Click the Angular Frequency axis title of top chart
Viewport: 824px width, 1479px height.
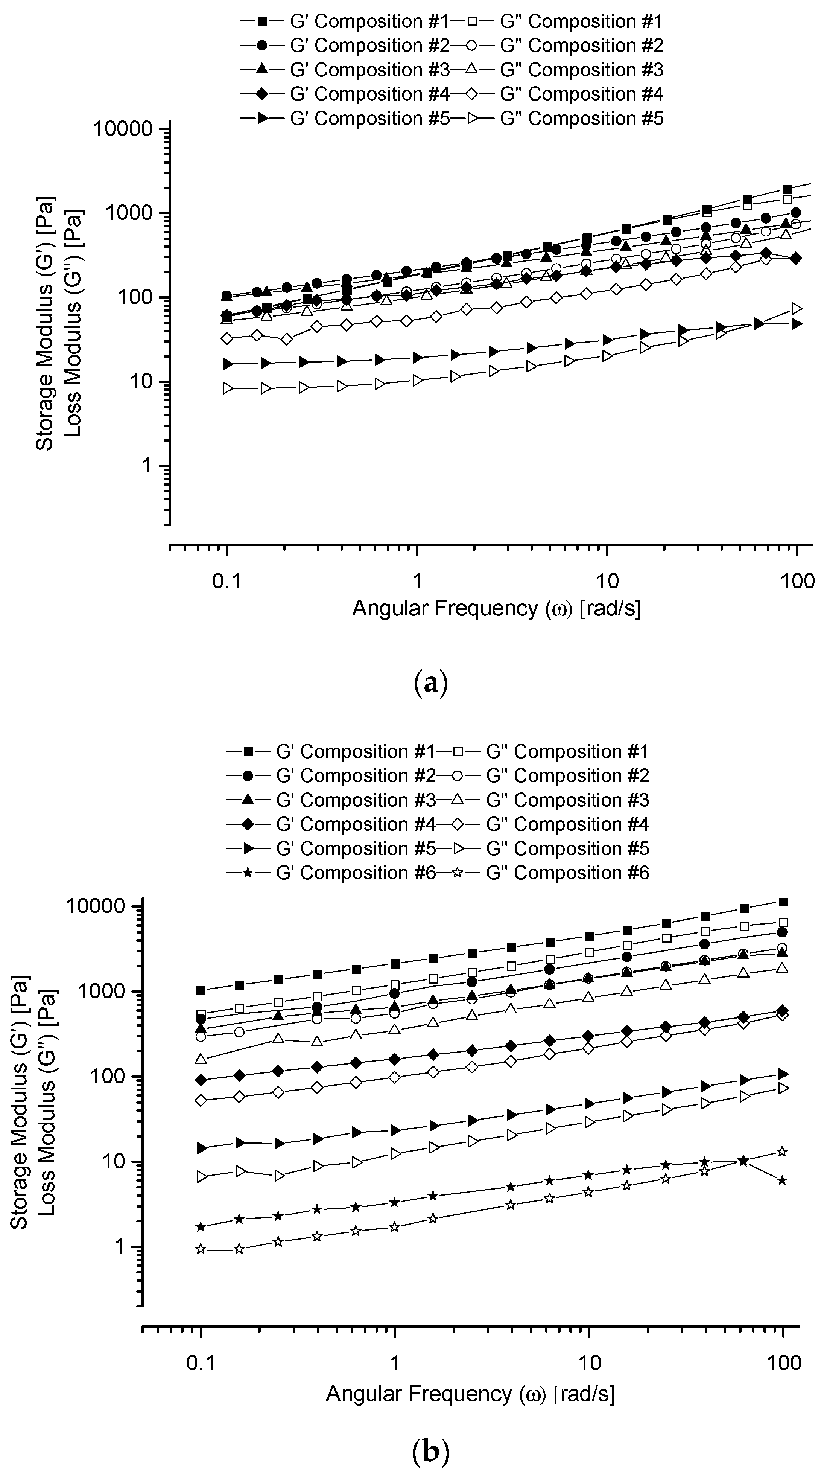tap(496, 608)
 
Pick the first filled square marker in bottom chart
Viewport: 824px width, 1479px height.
tap(201, 990)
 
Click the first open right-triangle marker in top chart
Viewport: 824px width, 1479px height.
tap(228, 389)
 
